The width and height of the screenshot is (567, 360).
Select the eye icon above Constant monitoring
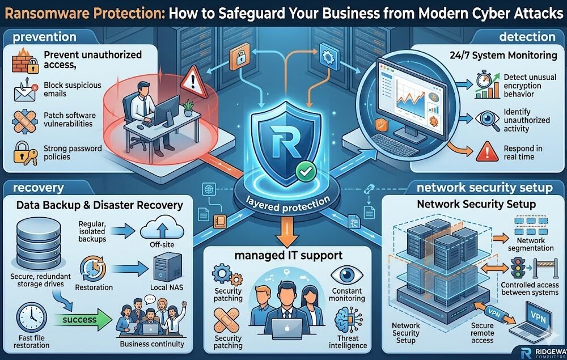tap(345, 277)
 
